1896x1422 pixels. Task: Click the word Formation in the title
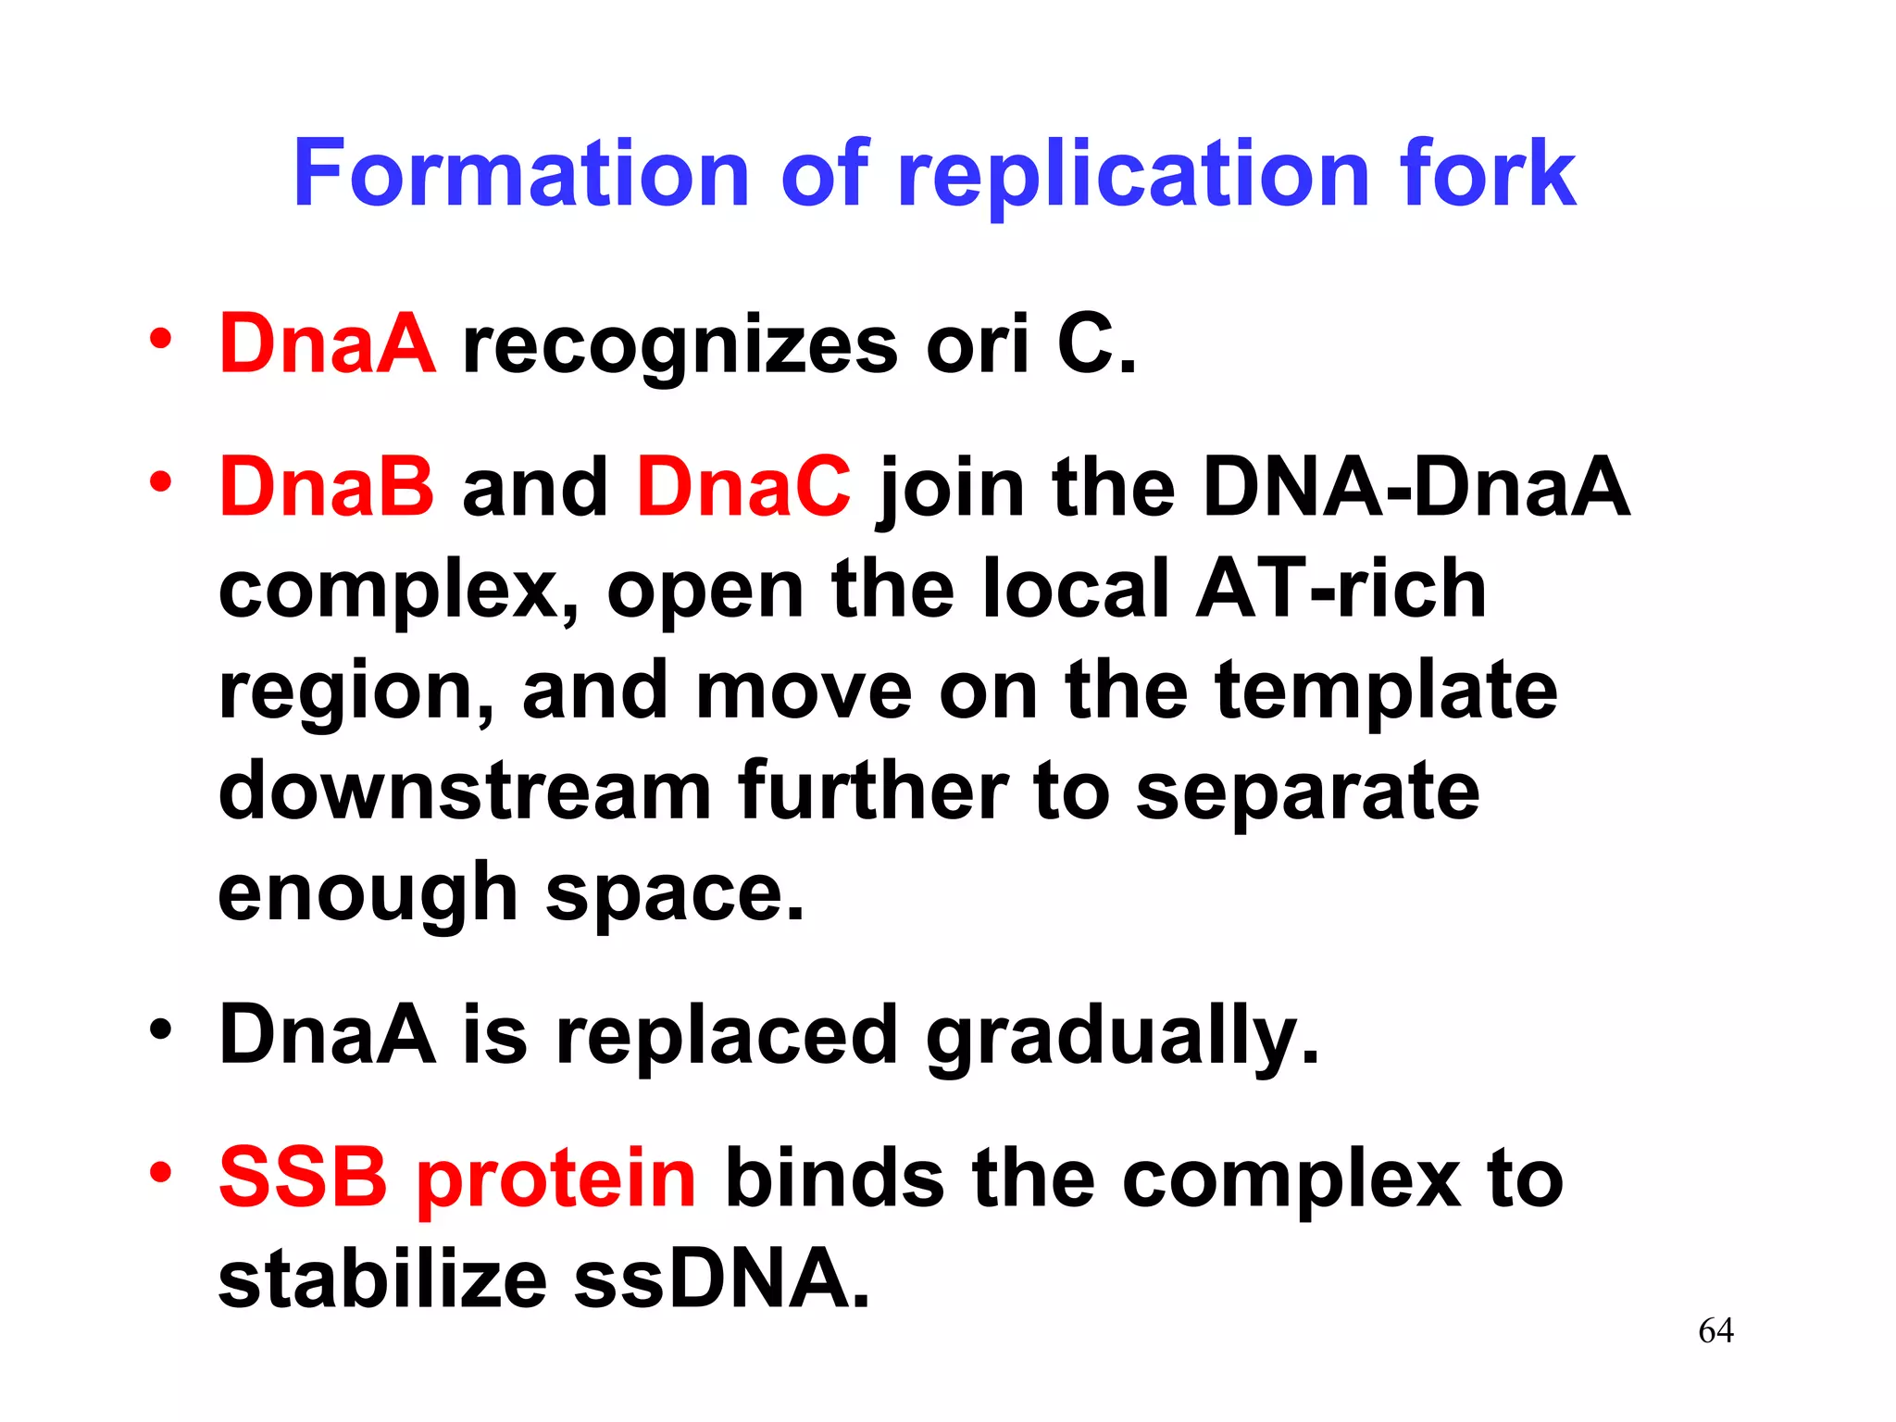520,173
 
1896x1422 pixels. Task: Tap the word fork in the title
1488,173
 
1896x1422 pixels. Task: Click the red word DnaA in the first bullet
327,343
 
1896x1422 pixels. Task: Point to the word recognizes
680,347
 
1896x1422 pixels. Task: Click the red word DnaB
326,487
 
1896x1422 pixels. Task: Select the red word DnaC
743,487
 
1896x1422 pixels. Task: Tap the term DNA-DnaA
1416,487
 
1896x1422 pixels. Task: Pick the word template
1386,692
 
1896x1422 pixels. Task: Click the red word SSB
303,1178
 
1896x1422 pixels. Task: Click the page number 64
1715,1331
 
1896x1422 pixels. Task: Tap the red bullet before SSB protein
161,1172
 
